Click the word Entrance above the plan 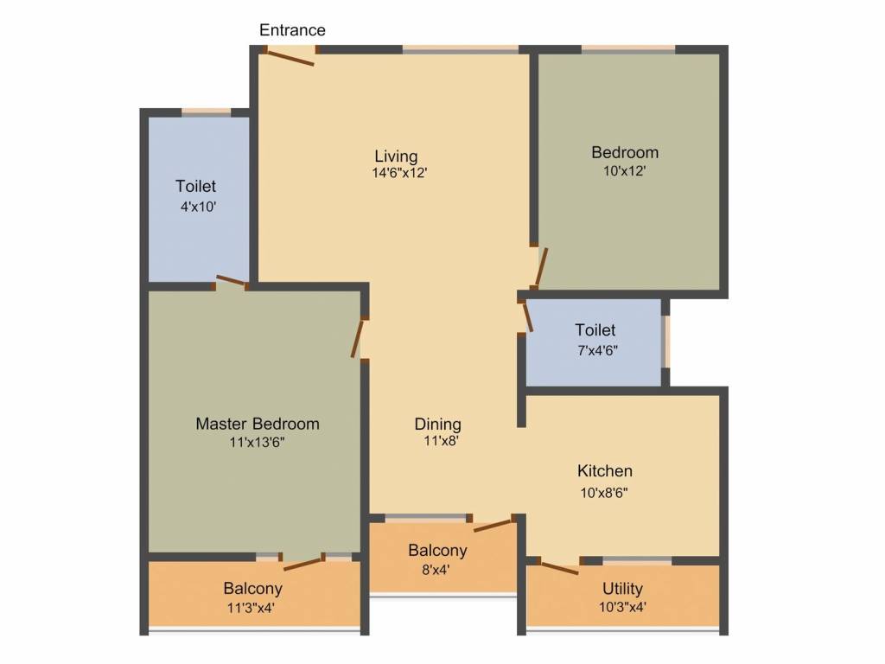pyautogui.click(x=292, y=30)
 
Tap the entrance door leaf pyautogui.click(x=290, y=57)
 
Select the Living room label pyautogui.click(x=396, y=156)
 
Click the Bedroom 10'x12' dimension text pyautogui.click(x=625, y=171)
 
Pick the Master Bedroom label pyautogui.click(x=257, y=424)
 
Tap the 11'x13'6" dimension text pyautogui.click(x=257, y=443)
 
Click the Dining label pyautogui.click(x=437, y=424)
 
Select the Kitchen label pyautogui.click(x=605, y=471)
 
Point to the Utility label pyautogui.click(x=622, y=589)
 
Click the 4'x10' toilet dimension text pyautogui.click(x=195, y=207)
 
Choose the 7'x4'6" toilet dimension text pyautogui.click(x=595, y=350)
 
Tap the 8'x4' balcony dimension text pyautogui.click(x=437, y=570)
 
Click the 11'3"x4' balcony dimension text pyautogui.click(x=252, y=608)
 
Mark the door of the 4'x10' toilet pyautogui.click(x=231, y=280)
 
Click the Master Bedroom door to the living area pyautogui.click(x=358, y=338)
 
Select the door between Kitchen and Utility pyautogui.click(x=557, y=568)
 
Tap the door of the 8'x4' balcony pyautogui.click(x=493, y=525)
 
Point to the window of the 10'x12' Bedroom pyautogui.click(x=628, y=50)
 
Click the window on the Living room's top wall pyautogui.click(x=460, y=50)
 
